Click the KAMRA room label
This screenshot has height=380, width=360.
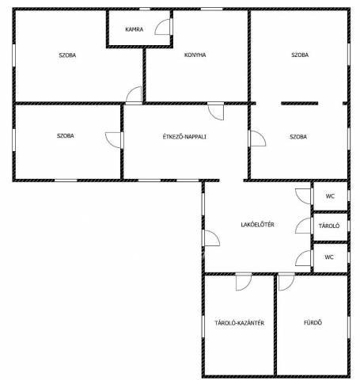pos(135,29)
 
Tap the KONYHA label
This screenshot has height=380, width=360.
pos(195,55)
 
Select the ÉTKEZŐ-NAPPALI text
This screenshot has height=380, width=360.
pos(184,137)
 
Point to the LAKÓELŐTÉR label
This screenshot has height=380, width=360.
pos(257,225)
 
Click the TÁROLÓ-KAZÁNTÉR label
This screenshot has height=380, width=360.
pos(239,323)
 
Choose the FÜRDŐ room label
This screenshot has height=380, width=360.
pos(313,322)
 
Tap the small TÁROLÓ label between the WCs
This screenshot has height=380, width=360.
pos(329,226)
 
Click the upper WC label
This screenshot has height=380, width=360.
pos(330,196)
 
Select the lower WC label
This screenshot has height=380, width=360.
pos(329,257)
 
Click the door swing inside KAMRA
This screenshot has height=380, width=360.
pos(163,27)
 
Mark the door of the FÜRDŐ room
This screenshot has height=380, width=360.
pos(286,283)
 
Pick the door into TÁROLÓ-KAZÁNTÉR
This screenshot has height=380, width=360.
pos(244,283)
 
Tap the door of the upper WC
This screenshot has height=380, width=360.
pos(304,196)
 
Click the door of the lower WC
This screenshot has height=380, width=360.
pos(304,258)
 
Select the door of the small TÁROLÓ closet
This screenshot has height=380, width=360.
pos(304,226)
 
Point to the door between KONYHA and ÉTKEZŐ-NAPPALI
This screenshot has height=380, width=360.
pos(216,111)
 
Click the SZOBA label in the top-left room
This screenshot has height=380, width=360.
pos(67,55)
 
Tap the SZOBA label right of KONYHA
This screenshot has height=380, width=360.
pos(300,55)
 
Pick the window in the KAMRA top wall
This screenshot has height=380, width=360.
pos(145,9)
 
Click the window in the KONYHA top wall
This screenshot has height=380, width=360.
pos(211,9)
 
